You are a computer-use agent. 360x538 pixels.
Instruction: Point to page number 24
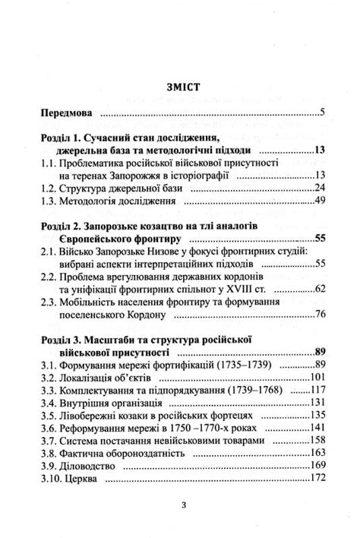point(319,188)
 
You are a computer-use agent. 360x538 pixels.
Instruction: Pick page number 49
point(319,203)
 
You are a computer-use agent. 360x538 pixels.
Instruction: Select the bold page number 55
point(319,240)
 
